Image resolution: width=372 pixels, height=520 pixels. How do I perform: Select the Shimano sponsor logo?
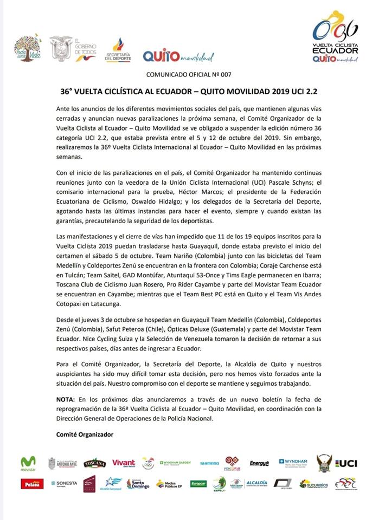[209, 463]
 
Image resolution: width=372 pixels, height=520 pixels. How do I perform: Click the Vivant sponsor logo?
[124, 463]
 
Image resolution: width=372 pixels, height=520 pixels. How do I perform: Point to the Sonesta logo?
[64, 483]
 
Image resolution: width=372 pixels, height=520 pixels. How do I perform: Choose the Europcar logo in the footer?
[198, 483]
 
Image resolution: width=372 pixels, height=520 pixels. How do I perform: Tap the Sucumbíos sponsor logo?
[313, 483]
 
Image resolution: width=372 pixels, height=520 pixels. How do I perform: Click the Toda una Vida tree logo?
[27, 49]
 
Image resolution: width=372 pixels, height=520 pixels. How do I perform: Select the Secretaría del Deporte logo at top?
[118, 51]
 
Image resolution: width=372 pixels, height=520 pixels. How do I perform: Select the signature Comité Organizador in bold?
[85, 434]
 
